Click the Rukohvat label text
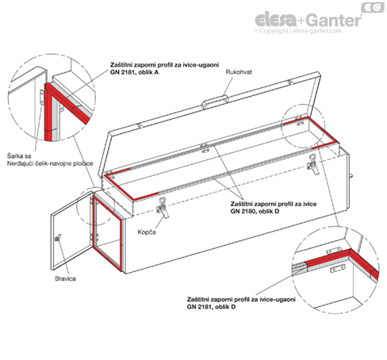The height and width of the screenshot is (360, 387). [239, 72]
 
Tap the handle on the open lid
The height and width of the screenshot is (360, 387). [215, 101]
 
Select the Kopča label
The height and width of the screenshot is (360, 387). [147, 232]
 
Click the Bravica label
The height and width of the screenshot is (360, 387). [65, 278]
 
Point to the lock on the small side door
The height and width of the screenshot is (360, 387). [58, 238]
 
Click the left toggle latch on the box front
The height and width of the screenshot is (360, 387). [163, 208]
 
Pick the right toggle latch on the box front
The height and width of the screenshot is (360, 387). [313, 164]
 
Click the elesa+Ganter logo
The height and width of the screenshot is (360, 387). [308, 20]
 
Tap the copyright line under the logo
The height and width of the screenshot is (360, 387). [298, 31]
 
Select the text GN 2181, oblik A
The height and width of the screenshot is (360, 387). [135, 72]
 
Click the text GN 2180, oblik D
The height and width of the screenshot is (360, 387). [255, 211]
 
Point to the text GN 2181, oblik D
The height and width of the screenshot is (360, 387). [211, 307]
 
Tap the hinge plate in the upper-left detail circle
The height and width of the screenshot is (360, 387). [41, 98]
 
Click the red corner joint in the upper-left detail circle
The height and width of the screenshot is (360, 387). [49, 87]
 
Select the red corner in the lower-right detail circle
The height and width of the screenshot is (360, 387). [351, 252]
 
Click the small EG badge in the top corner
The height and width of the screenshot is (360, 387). [373, 7]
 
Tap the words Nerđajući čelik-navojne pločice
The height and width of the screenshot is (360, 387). [50, 163]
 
